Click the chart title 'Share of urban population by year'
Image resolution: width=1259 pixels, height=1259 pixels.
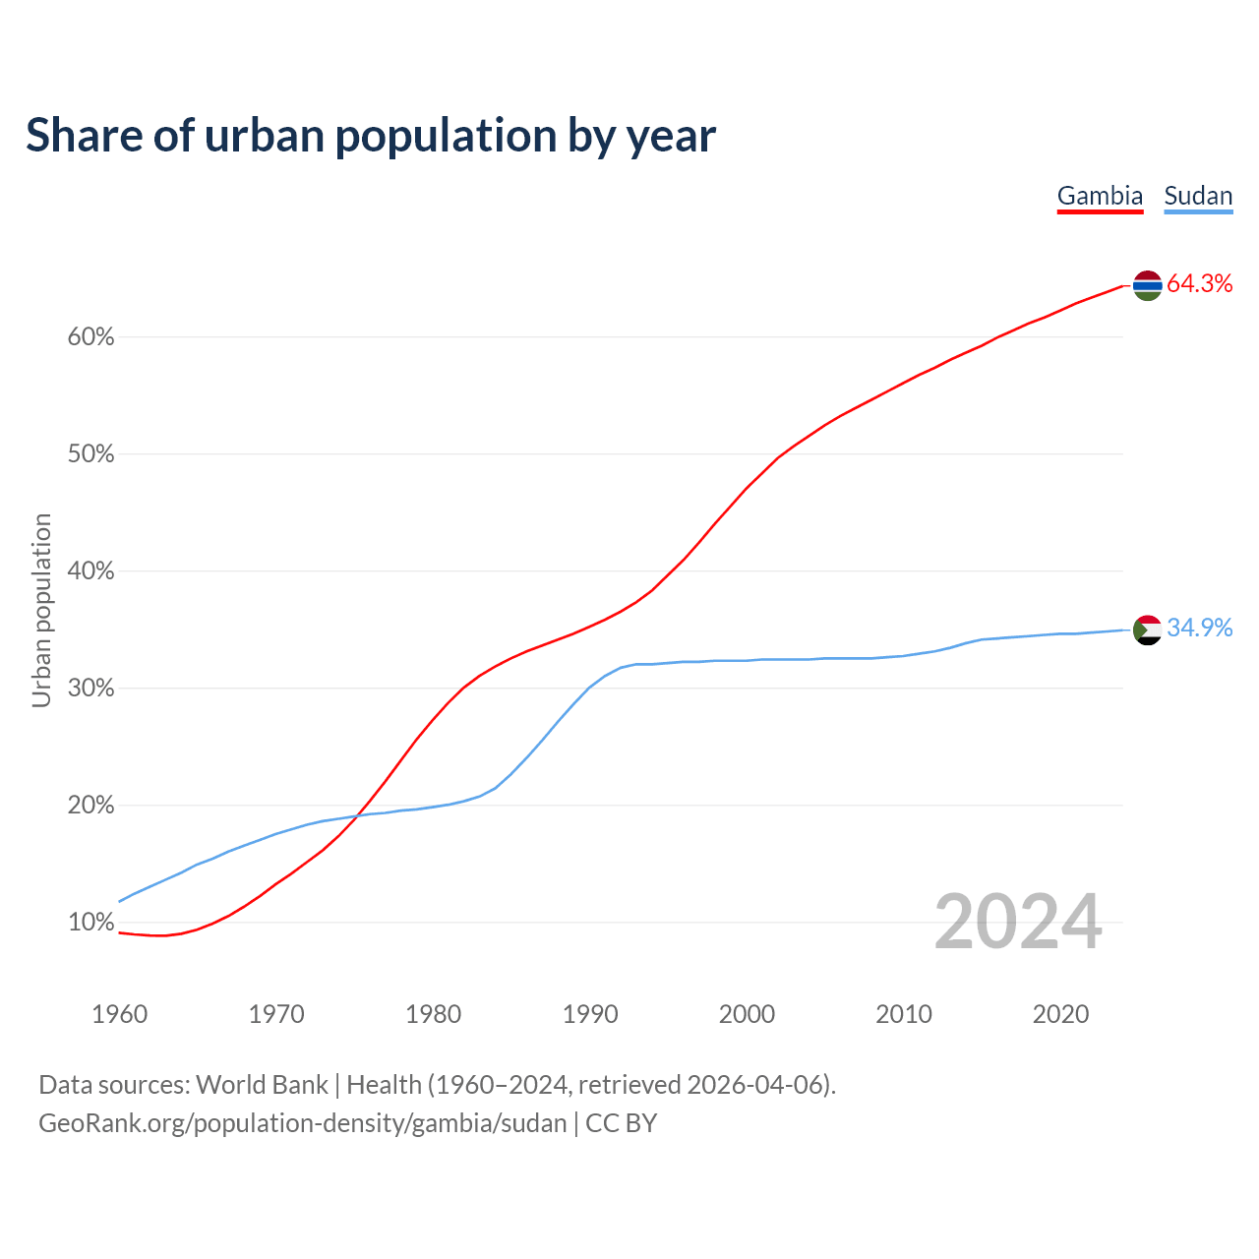click(371, 136)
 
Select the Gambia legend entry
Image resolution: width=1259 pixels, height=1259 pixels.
click(1100, 196)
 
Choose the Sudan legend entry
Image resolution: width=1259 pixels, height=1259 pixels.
click(1198, 196)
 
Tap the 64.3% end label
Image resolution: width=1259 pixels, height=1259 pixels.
click(1199, 284)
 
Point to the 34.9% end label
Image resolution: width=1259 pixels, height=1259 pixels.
click(1199, 629)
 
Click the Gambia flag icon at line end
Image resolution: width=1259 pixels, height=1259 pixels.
click(1148, 285)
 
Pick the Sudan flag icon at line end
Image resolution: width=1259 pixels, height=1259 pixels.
click(1148, 629)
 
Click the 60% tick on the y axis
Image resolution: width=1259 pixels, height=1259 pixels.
click(91, 337)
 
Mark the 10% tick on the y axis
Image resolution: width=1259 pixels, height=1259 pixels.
click(91, 923)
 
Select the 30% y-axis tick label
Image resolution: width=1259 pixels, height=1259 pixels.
click(91, 689)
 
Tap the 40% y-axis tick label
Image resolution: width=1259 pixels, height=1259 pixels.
click(91, 571)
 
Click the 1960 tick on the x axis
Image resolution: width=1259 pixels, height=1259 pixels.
click(119, 1014)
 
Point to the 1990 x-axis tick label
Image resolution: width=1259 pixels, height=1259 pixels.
click(590, 1014)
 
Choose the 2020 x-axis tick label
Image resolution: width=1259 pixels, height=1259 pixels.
click(1060, 1014)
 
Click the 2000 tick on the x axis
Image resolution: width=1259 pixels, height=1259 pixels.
click(747, 1014)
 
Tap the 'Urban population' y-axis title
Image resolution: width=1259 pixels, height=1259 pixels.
click(41, 610)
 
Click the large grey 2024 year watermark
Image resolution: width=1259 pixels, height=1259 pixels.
click(1017, 922)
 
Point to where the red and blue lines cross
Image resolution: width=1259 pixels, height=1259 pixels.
click(356, 815)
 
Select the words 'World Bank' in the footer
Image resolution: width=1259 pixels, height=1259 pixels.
click(262, 1085)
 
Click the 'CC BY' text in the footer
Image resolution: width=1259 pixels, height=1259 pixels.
click(621, 1123)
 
